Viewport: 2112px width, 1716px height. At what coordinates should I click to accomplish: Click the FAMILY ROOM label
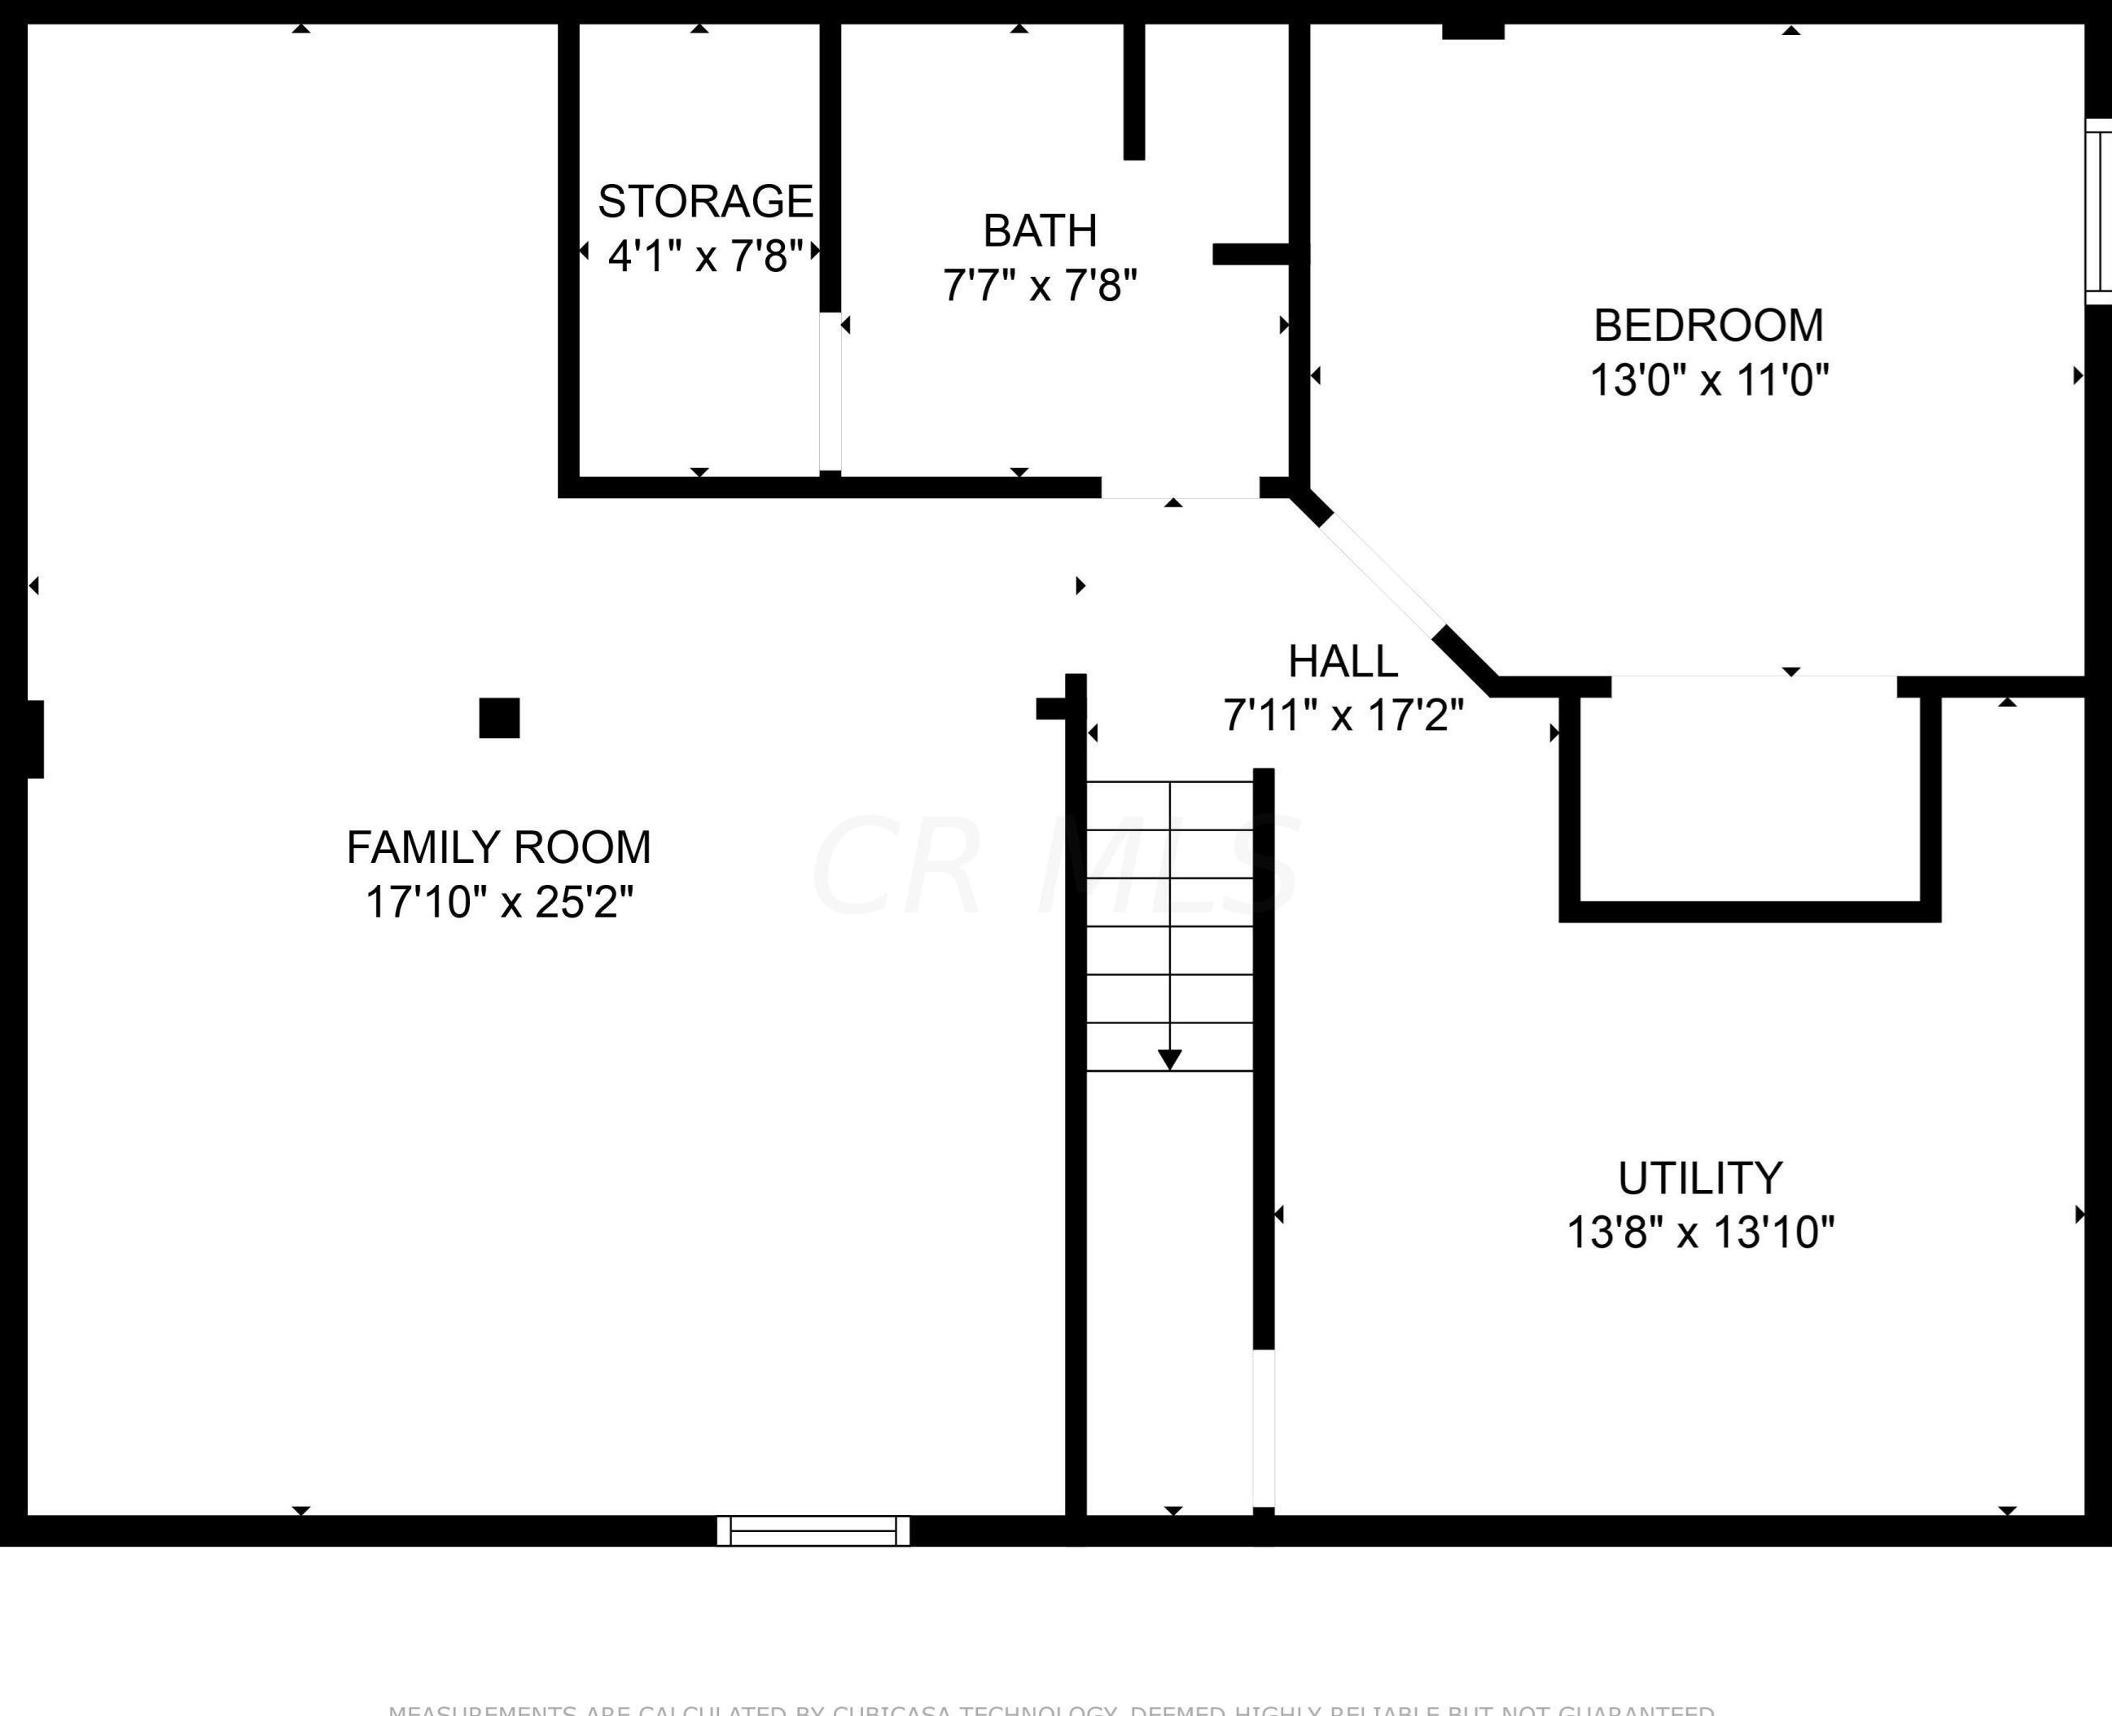click(x=498, y=847)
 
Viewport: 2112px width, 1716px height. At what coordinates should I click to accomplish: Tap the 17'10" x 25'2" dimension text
click(x=498, y=901)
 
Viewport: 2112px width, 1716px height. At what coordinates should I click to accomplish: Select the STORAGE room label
click(x=705, y=202)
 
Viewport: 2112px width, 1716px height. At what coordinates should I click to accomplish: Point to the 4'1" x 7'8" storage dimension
click(x=705, y=256)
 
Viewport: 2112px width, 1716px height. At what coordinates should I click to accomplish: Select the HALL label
click(x=1343, y=661)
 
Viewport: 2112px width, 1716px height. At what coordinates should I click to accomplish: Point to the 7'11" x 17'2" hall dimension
click(x=1343, y=715)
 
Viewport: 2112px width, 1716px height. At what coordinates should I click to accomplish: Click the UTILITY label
click(x=1700, y=1178)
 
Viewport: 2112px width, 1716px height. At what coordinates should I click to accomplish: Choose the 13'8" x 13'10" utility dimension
click(x=1700, y=1232)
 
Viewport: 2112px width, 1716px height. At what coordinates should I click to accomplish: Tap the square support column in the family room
click(x=499, y=718)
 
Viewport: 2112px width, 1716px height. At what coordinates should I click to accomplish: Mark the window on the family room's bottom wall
click(x=813, y=1530)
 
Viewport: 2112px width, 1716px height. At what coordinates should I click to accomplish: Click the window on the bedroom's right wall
click(x=2098, y=212)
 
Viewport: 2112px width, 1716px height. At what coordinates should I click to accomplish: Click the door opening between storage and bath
click(x=830, y=392)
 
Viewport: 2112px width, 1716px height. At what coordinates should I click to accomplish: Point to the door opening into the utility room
click(x=1263, y=1429)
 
